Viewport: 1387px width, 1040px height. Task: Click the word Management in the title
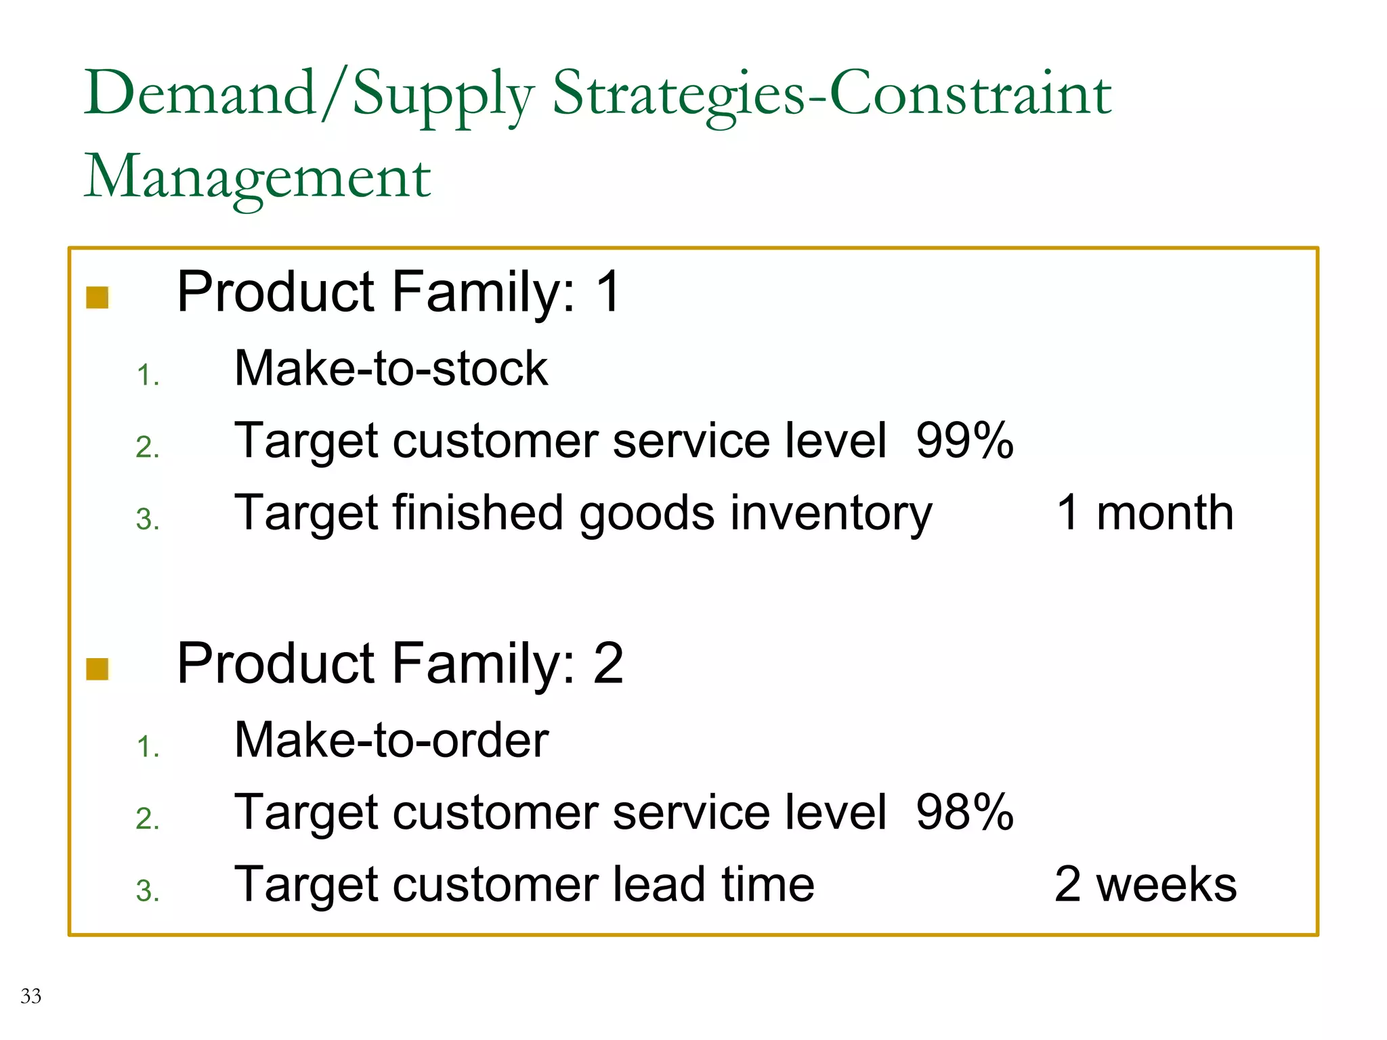tap(257, 177)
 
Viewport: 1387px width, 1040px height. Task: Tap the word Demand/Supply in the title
tap(309, 94)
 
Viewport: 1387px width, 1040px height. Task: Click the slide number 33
tap(30, 996)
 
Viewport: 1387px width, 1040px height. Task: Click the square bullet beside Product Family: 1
tap(98, 297)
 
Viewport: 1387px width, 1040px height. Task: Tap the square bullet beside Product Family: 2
tap(98, 668)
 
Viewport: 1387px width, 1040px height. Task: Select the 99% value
tap(964, 441)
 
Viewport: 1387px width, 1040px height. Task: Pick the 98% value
tap(964, 812)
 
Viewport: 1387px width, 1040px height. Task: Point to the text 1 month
tap(1145, 513)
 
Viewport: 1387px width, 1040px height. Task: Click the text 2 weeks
tap(1145, 884)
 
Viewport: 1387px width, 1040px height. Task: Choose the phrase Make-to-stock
tap(391, 369)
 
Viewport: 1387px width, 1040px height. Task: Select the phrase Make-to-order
tap(391, 740)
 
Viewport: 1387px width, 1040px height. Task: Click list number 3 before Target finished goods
tap(147, 520)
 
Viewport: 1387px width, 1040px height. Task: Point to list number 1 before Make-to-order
tap(147, 747)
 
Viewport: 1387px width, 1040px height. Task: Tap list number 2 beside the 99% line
tap(147, 448)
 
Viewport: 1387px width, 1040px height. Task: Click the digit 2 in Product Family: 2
tap(607, 664)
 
